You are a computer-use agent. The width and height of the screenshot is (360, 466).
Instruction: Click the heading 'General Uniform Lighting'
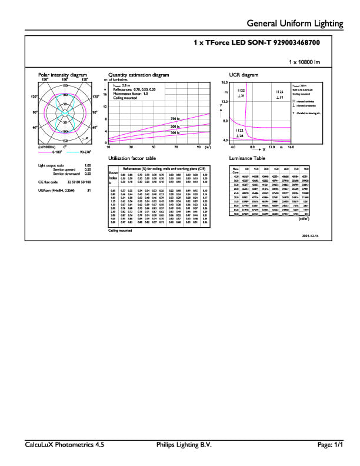coord(295,24)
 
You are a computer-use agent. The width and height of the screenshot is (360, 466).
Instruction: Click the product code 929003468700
coord(299,43)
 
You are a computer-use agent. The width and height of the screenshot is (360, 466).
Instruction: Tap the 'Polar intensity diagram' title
coord(62,75)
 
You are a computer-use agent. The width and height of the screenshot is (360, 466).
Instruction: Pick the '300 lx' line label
coord(174,133)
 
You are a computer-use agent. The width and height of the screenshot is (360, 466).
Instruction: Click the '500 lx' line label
coord(174,127)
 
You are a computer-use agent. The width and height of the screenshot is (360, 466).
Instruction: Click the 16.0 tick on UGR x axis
coord(291,147)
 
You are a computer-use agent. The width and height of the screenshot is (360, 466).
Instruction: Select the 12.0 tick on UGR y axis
coord(224,101)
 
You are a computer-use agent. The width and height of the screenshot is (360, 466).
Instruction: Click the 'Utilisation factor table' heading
coord(132,159)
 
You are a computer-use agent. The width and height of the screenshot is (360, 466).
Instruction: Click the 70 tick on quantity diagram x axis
coord(176,147)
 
